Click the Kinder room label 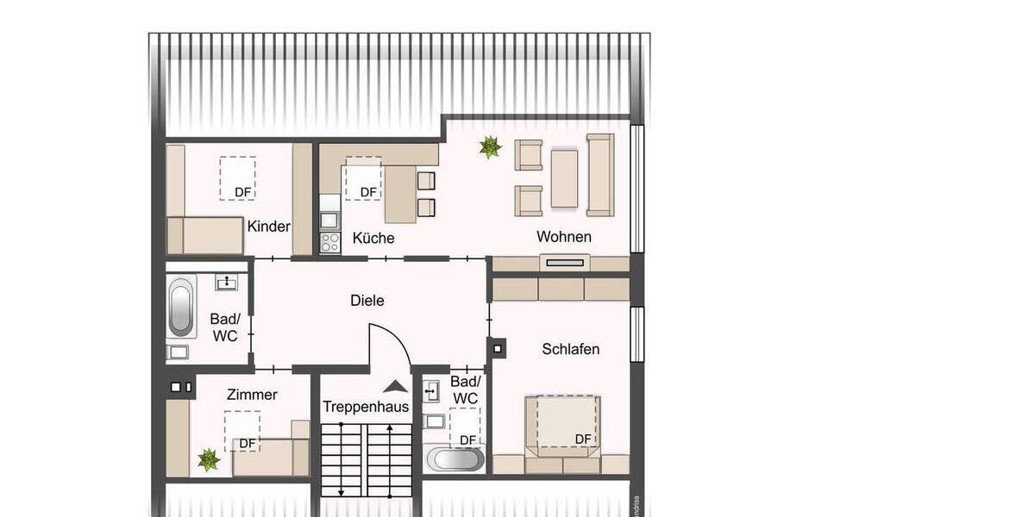coord(269,227)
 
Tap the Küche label coord(373,238)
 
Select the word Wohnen coord(564,236)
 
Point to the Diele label coord(367,301)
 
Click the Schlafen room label coord(570,349)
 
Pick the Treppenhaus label coord(366,406)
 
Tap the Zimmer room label coord(252,395)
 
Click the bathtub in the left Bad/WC coord(181,306)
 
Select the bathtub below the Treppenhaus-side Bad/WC coord(455,458)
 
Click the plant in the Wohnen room coord(490,147)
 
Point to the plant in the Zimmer coord(209,459)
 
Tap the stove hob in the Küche coord(329,243)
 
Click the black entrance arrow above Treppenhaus coord(395,387)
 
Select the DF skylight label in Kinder coord(243,191)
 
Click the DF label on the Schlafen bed coord(583,439)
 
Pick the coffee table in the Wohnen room coord(564,178)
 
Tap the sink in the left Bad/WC coord(229,282)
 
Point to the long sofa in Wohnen coord(599,174)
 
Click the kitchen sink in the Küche coord(329,204)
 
